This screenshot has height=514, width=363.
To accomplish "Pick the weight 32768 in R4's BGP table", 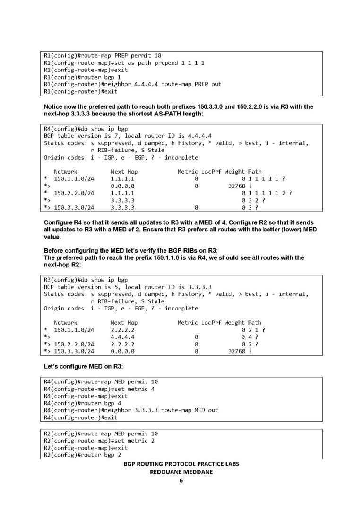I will pyautogui.click(x=237, y=186).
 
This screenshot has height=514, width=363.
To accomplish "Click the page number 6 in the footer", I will pyautogui.click(x=181, y=481).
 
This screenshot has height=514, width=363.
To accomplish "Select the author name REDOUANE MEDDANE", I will pyautogui.click(x=181, y=472).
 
